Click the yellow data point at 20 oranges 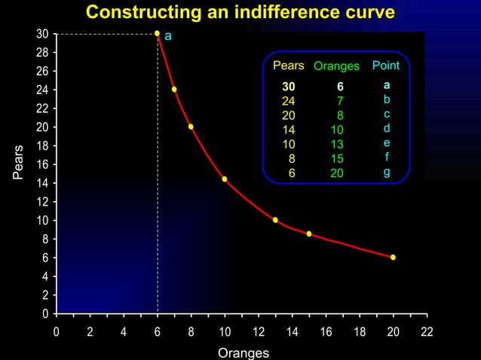[x=393, y=258]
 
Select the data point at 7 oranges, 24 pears [x=174, y=90]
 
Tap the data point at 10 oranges [x=225, y=179]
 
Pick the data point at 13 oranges [x=275, y=220]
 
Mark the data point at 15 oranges [x=309, y=234]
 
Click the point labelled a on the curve [x=157, y=33]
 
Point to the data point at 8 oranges [x=191, y=127]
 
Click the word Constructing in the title [x=136, y=13]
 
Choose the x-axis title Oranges [x=243, y=352]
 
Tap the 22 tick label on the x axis [x=427, y=331]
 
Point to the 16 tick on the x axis [x=326, y=331]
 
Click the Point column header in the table [x=385, y=66]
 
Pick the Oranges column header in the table [x=336, y=67]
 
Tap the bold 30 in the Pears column [x=289, y=87]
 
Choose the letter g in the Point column [x=387, y=172]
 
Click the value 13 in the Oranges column [x=337, y=144]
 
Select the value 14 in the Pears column [x=289, y=130]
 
